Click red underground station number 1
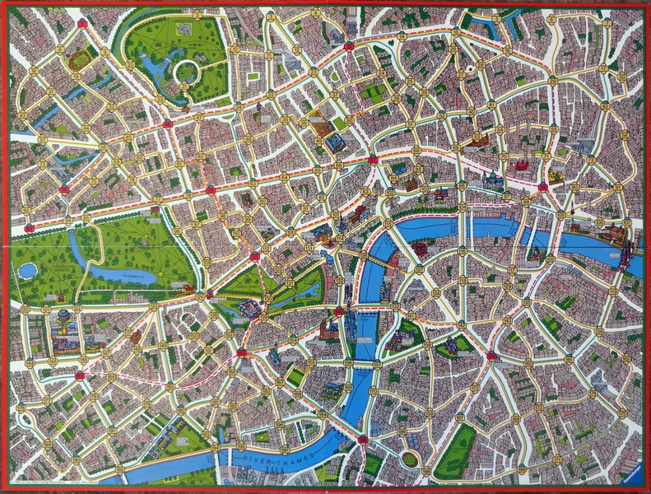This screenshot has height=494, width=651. tap(82, 24)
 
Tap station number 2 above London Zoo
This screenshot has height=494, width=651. tap(198, 14)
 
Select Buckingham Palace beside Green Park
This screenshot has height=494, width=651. tap(248, 310)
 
